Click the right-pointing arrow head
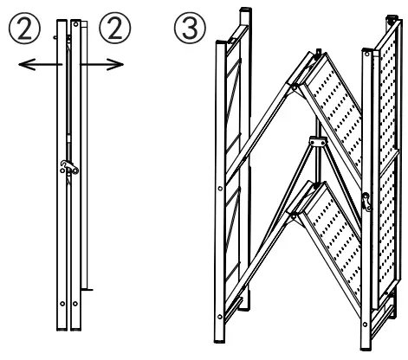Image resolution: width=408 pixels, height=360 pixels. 114,62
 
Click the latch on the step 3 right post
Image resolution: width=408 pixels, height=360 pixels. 366,201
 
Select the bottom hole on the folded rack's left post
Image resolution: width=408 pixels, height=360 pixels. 62,304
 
